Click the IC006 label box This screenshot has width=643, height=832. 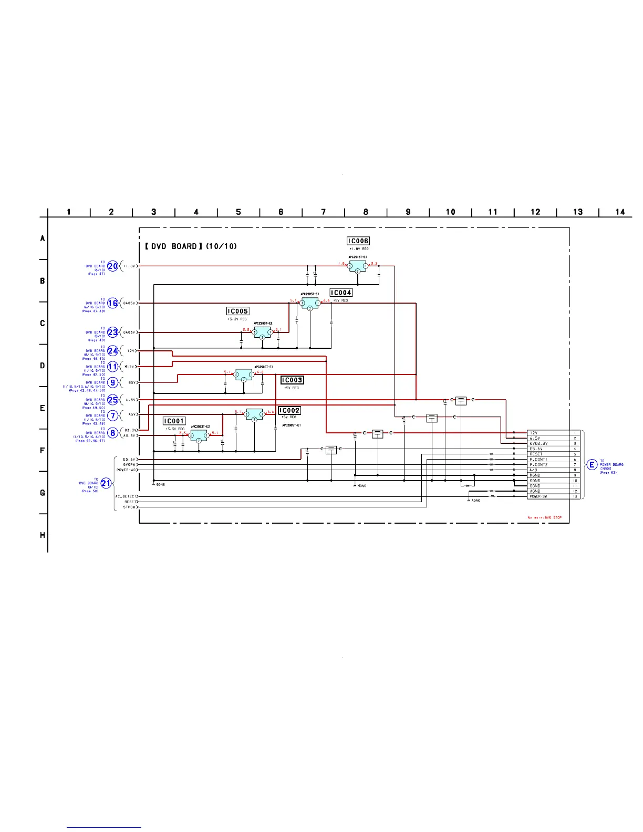(x=358, y=241)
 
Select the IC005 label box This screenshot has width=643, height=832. (x=237, y=311)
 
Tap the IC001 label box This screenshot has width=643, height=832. (x=174, y=421)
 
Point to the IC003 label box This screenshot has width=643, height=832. (x=292, y=380)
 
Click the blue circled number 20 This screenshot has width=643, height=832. (x=113, y=266)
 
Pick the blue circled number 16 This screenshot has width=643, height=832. (x=113, y=303)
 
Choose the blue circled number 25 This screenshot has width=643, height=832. (x=113, y=400)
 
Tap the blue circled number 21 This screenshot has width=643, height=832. (x=106, y=484)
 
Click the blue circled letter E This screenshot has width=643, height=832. (x=592, y=465)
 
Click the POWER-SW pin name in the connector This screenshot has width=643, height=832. (x=538, y=496)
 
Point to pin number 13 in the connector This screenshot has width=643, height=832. (x=575, y=496)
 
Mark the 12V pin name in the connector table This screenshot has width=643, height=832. (x=534, y=433)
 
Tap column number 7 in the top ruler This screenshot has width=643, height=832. (x=324, y=212)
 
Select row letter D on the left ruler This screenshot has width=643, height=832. (x=43, y=366)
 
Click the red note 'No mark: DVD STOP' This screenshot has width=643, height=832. (x=544, y=518)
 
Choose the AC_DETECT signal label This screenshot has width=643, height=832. (x=126, y=496)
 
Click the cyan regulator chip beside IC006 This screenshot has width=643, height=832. (x=358, y=266)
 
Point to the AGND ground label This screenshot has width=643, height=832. (x=475, y=501)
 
